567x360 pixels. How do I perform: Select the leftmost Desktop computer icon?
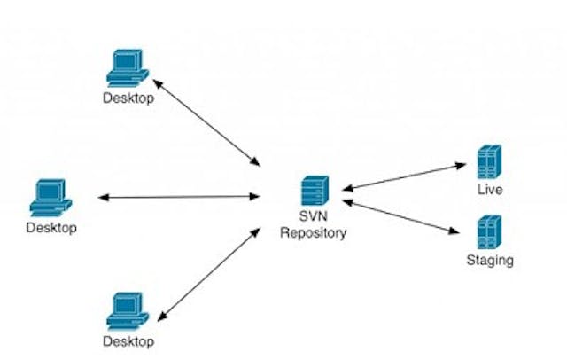pos(50,198)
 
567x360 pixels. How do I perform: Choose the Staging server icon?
pos(489,232)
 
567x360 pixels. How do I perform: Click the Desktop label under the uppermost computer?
pos(128,98)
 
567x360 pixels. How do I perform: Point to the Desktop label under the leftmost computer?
pos(51,228)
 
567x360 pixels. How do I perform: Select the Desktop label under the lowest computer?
pos(128,340)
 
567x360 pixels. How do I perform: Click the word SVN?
pos(313,219)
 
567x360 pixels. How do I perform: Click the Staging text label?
pos(490,261)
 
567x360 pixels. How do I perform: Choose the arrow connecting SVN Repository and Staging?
pos(401,218)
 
